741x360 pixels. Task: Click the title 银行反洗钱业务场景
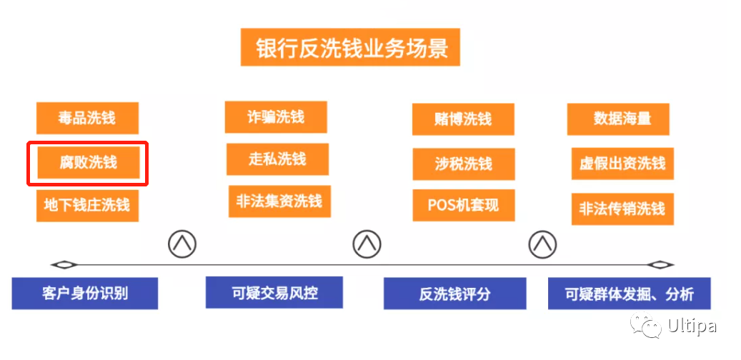[x=350, y=48]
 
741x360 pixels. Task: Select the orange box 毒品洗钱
[x=87, y=118]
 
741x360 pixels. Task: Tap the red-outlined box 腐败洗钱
[x=88, y=163]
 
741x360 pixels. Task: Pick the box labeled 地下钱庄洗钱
[x=87, y=206]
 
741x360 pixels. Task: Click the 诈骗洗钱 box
[x=276, y=117]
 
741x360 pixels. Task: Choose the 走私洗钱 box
[x=277, y=159]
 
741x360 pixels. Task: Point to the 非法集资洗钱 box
[x=279, y=201]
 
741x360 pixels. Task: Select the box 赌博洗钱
[x=463, y=119]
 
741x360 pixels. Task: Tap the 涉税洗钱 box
[x=463, y=164]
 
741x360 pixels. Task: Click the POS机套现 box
[x=463, y=205]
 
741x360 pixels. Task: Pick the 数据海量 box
[x=618, y=119]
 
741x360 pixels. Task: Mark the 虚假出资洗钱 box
[x=622, y=164]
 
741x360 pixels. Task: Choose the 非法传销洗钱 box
[x=622, y=209]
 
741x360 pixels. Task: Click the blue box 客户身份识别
[x=85, y=293]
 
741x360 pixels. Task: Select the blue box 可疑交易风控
[x=274, y=292]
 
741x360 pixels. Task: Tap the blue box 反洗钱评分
[x=454, y=294]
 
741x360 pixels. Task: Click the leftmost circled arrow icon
[x=182, y=244]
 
